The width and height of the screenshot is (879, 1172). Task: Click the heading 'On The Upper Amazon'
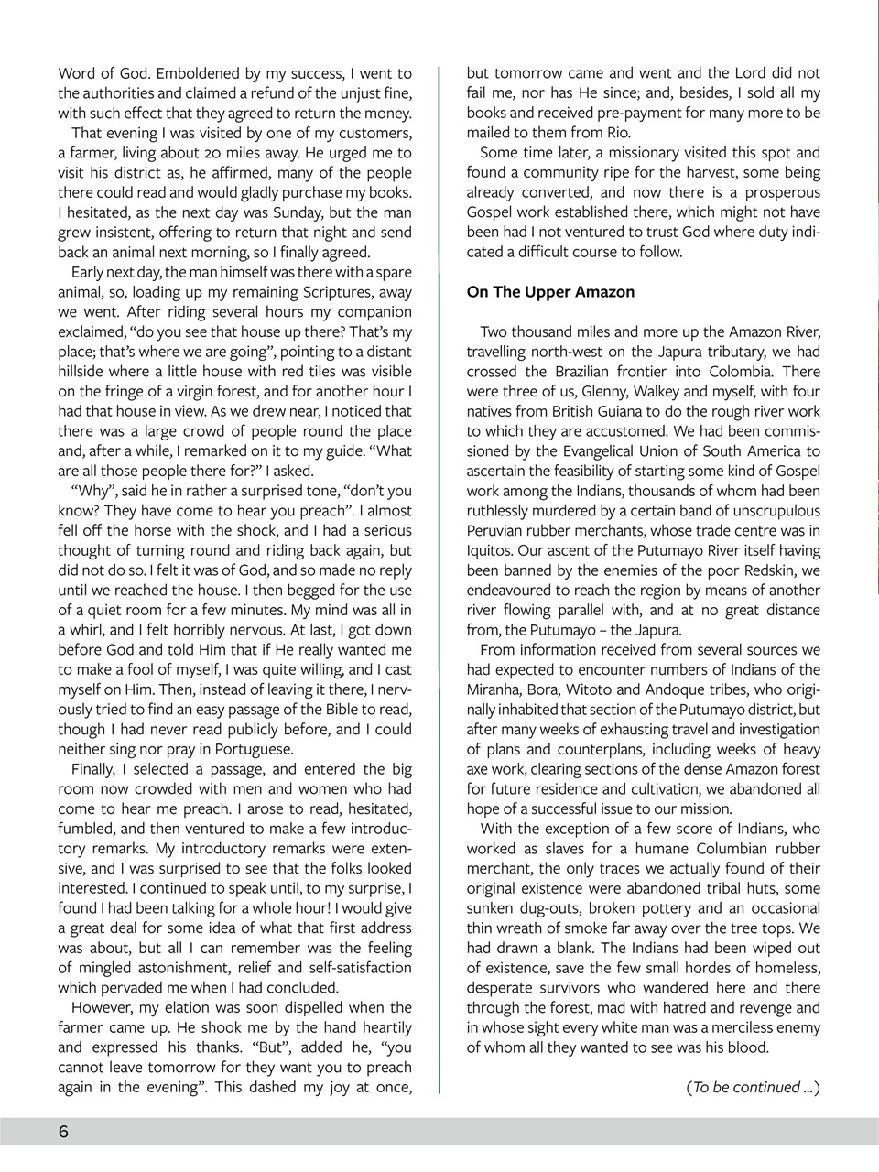(x=549, y=292)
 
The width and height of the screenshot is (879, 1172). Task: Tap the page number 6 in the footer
(x=63, y=1132)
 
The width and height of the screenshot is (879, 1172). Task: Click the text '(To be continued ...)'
(x=753, y=1087)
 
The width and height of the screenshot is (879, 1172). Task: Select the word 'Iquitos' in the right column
(x=493, y=550)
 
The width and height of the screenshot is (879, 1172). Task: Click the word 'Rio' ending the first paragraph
(x=618, y=133)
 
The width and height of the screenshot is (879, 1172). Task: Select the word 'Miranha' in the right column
(x=497, y=689)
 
